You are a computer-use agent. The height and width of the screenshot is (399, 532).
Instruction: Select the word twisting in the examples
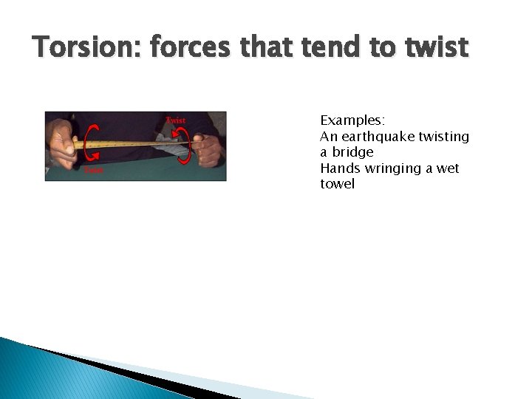pyautogui.click(x=444, y=137)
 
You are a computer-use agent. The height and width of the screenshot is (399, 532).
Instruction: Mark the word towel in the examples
pyautogui.click(x=337, y=184)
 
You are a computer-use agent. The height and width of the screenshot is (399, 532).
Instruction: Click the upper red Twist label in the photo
pyautogui.click(x=176, y=120)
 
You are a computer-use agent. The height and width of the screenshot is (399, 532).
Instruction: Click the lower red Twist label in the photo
pyautogui.click(x=93, y=170)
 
